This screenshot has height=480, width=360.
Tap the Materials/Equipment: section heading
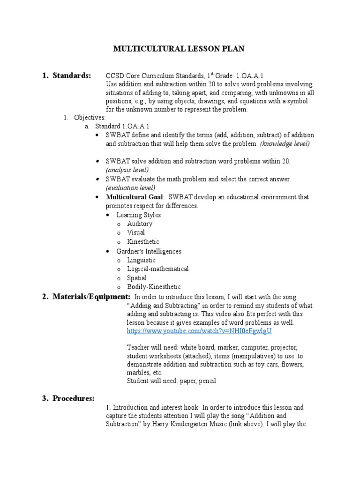[x=91, y=297]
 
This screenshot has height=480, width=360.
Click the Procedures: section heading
[x=74, y=398]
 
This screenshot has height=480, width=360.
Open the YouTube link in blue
[x=199, y=331]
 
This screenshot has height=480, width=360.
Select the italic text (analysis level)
[x=127, y=170]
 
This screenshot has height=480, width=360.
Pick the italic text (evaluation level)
[x=131, y=187]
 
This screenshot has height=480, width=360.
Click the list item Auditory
[x=140, y=224]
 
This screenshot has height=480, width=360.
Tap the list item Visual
[x=136, y=232]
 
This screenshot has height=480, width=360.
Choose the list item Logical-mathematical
[x=158, y=269]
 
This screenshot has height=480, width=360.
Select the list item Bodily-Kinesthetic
[x=154, y=287]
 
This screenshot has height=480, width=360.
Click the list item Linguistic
[x=141, y=260]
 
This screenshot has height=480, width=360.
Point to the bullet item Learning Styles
[x=138, y=215]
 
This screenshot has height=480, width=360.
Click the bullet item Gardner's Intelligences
[x=149, y=251]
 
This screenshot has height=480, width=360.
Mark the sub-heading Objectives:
[x=90, y=118]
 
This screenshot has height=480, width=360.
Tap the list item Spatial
[x=136, y=278]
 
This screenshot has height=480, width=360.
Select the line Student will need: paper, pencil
[x=171, y=381]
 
